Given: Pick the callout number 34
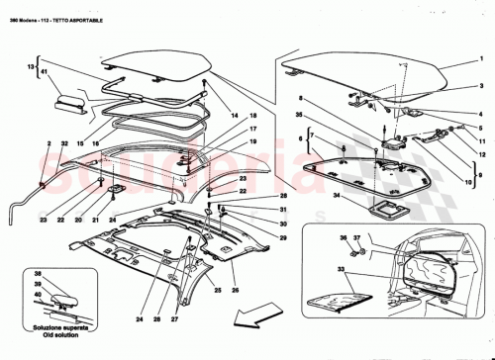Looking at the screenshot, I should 337,198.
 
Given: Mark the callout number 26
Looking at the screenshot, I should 236,291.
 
